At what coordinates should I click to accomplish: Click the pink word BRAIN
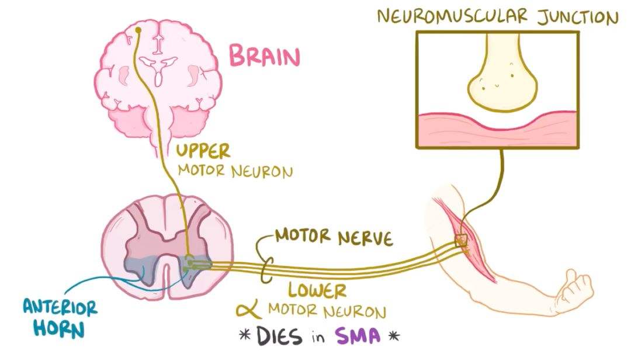(x=264, y=57)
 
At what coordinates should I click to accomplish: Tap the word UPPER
(x=204, y=150)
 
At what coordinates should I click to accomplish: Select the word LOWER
(x=317, y=289)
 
